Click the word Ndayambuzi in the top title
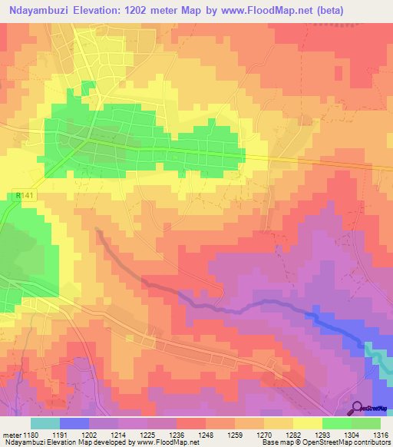pos(38,10)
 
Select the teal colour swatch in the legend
pos(45,423)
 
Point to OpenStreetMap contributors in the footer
pos(345,442)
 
